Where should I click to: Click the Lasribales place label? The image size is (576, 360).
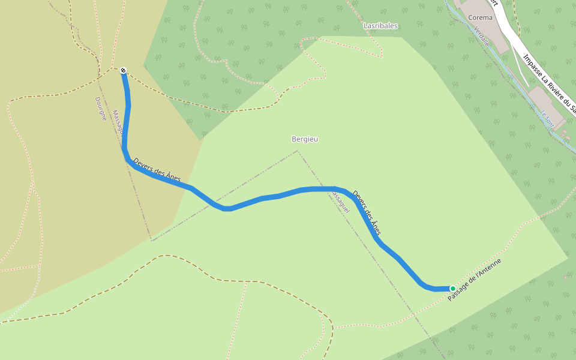[380, 26]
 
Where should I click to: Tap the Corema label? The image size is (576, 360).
[480, 17]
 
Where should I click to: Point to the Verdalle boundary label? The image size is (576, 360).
[481, 37]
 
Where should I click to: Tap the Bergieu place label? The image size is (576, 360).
[304, 139]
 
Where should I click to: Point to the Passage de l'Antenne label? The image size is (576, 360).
[474, 280]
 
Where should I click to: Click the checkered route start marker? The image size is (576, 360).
[123, 70]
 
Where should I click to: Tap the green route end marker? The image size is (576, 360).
[452, 289]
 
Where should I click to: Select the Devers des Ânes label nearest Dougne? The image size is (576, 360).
[157, 170]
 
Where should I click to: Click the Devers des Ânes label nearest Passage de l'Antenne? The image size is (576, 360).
[367, 212]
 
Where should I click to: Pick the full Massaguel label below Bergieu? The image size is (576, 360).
[340, 203]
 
